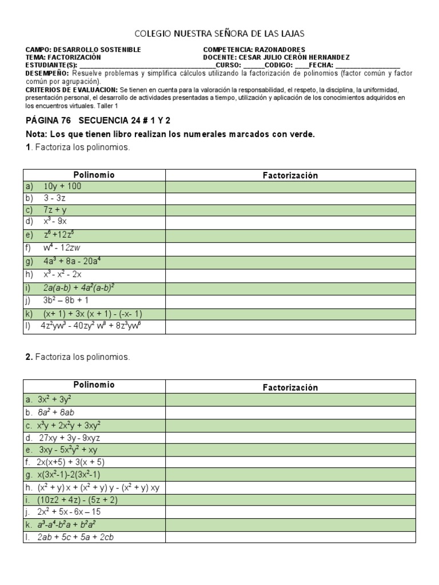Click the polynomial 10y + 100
62,186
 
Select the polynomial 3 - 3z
54,198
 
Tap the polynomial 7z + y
55,210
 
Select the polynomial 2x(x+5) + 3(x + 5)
71,462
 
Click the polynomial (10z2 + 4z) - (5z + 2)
78,499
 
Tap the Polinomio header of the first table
94,175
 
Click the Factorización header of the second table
290,387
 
